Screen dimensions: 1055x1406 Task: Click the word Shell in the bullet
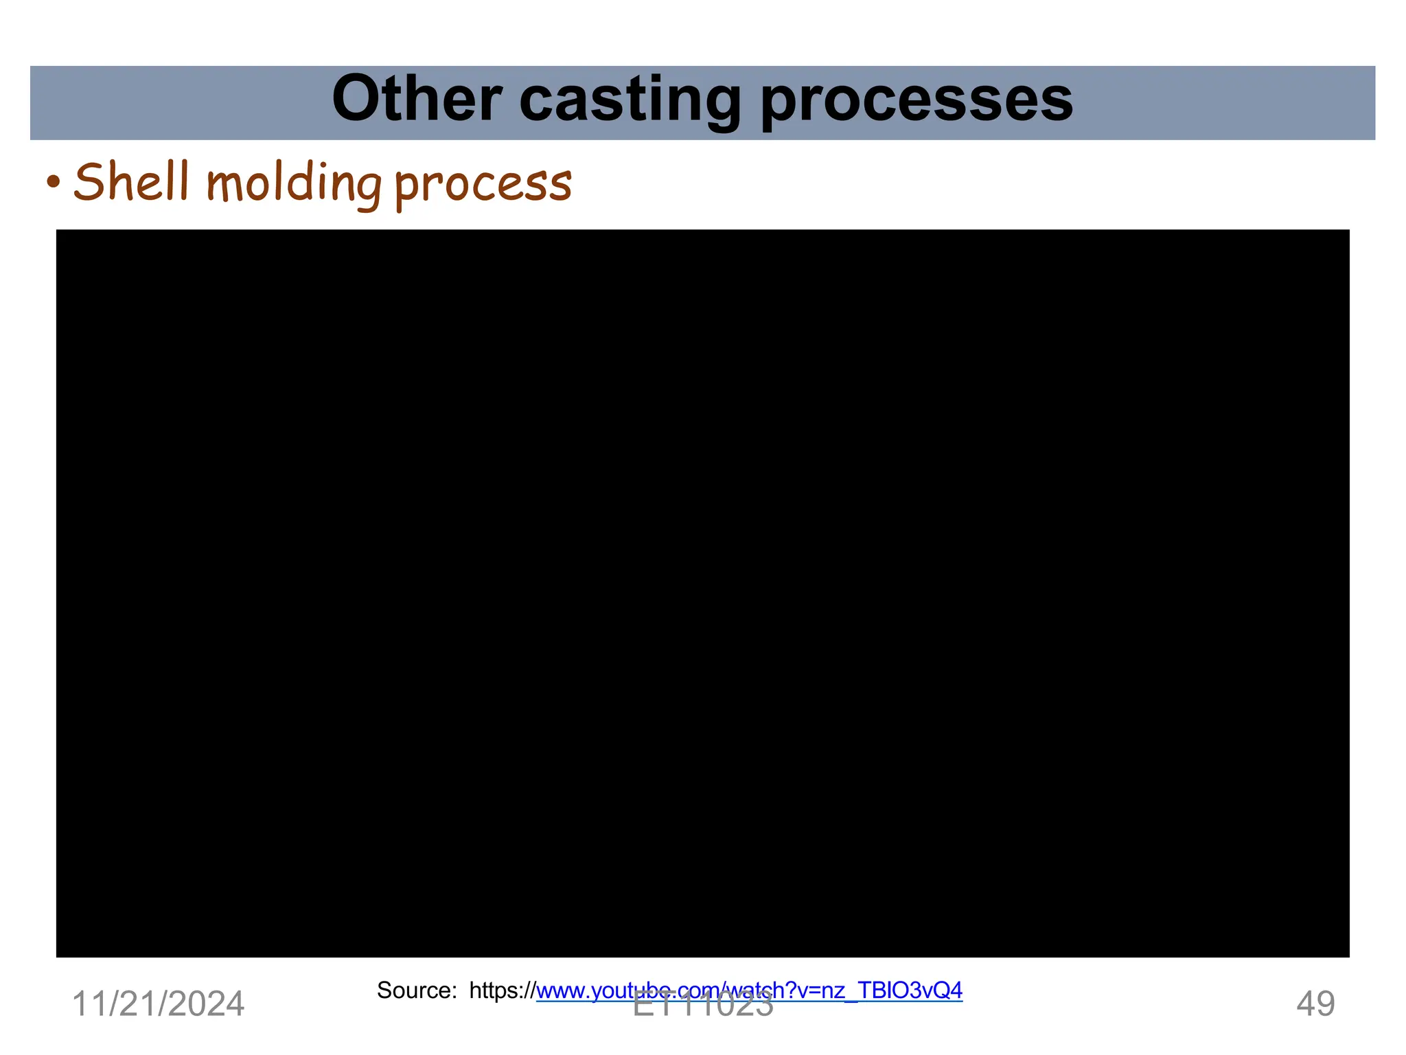(131, 183)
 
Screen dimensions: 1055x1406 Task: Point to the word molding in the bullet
(294, 184)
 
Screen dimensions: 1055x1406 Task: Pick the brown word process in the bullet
(483, 185)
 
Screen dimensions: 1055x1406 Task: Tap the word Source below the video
(415, 990)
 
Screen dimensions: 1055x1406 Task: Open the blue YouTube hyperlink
(749, 990)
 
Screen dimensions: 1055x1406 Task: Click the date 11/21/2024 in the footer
(158, 1004)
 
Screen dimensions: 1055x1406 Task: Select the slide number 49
(1315, 1004)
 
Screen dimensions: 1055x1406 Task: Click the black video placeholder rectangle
(702, 593)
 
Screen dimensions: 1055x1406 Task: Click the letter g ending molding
(368, 188)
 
